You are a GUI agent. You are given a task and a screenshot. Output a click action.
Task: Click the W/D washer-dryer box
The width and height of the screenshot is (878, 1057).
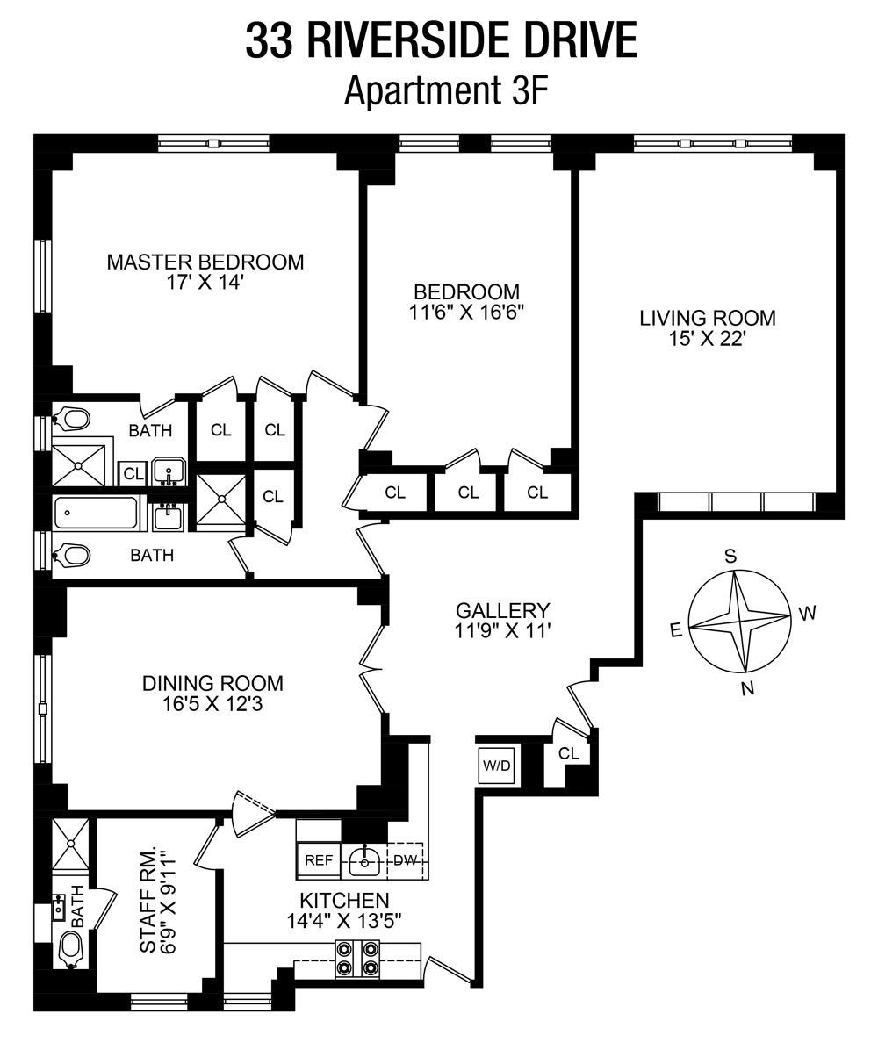point(496,765)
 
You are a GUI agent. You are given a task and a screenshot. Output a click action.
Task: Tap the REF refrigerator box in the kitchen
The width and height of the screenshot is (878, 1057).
point(318,860)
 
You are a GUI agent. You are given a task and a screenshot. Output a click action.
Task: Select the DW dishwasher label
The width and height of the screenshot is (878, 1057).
point(405,860)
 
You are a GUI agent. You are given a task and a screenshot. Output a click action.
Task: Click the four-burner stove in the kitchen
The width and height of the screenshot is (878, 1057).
point(357,959)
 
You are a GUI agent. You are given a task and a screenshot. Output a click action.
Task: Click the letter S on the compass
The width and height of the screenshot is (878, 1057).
point(729,555)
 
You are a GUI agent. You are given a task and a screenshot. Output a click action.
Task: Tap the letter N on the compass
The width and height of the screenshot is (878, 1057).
point(748,689)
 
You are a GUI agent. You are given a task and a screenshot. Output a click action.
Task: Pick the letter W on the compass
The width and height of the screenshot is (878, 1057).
point(807,613)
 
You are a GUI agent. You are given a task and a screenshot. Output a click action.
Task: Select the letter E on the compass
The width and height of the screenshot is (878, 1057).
point(676,629)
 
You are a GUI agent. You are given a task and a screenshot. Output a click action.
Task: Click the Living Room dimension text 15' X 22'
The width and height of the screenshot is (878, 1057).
point(707,338)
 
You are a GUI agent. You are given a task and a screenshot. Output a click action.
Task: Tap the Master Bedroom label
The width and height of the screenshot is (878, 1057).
point(205,262)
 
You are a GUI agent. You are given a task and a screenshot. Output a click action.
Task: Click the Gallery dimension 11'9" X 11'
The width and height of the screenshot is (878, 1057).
point(502,629)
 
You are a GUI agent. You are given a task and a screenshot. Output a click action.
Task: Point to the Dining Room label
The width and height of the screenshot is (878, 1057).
point(213,683)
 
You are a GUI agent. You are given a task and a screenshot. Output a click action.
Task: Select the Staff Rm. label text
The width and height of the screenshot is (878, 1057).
point(148,901)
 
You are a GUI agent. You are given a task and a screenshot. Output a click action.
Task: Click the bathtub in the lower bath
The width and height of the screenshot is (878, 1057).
point(97,513)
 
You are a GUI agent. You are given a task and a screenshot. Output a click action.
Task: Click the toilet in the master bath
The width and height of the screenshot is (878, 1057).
point(71,419)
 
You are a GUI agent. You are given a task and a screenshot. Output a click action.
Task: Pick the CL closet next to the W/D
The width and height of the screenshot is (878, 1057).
point(569,753)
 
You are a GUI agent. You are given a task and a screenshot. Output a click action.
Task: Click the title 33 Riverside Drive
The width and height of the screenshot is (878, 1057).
point(441,40)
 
